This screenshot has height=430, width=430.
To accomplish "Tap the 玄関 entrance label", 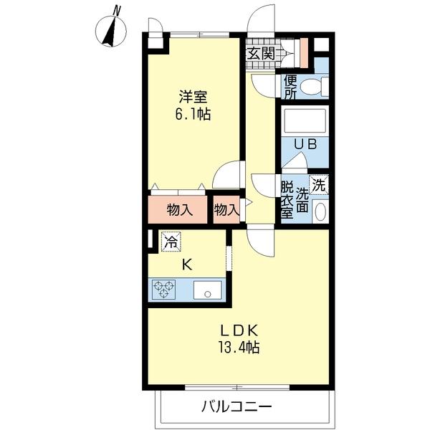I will click(261, 53).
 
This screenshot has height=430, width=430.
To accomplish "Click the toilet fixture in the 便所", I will click(313, 87).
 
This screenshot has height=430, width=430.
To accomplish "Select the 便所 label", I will click(290, 87).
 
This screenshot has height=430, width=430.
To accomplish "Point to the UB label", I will click(305, 144).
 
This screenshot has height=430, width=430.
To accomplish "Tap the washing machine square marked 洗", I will click(320, 183).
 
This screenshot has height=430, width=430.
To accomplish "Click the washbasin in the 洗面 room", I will click(320, 212).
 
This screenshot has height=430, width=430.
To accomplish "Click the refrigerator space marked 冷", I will click(171, 242).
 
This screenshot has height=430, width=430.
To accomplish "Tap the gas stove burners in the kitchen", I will click(163, 290).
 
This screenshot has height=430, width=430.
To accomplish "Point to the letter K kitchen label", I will click(186, 264).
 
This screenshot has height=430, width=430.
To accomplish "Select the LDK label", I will click(239, 330).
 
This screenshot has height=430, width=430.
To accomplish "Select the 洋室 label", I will click(191, 96).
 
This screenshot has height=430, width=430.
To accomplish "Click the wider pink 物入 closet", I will click(178, 210).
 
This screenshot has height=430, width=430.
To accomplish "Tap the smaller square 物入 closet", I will click(226, 210).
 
